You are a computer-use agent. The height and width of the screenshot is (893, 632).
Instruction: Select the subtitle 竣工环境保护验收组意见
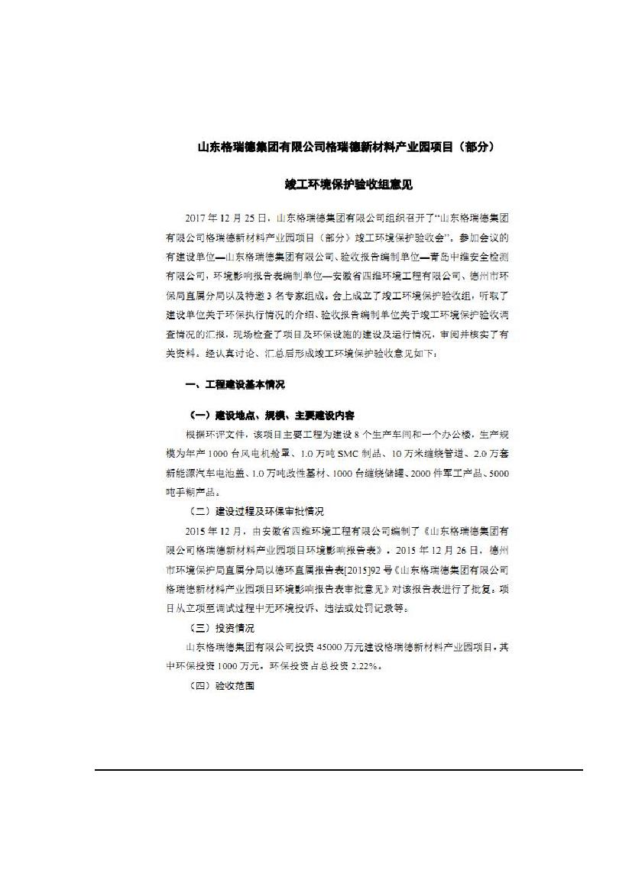pos(348,186)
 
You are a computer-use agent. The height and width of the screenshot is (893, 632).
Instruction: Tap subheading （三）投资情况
pos(221,628)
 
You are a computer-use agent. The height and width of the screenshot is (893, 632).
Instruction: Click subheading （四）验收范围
pos(221,686)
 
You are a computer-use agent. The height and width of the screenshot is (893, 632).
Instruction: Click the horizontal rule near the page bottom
pos(339,770)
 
